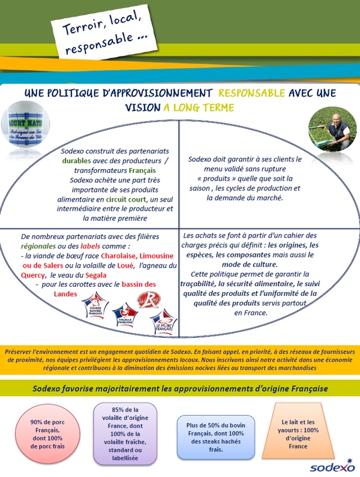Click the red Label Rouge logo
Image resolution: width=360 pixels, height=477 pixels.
coord(148,299)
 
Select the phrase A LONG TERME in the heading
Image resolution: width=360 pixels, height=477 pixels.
coord(199,107)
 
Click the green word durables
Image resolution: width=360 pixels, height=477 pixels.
coord(78,161)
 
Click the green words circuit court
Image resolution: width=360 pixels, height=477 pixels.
coord(126,199)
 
